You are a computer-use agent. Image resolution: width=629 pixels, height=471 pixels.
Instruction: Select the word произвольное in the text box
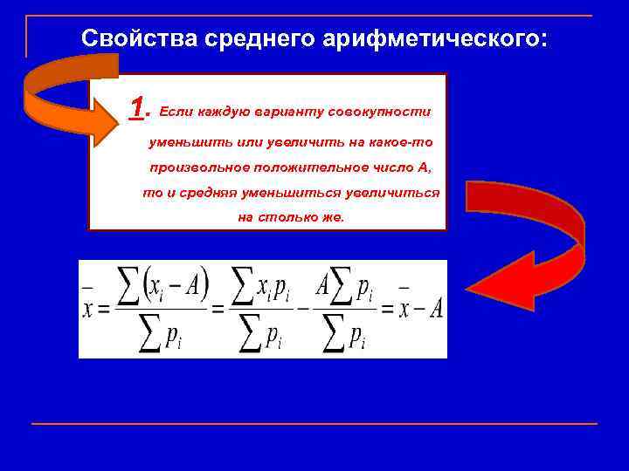(197, 166)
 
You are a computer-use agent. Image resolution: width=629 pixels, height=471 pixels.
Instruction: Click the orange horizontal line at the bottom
(314, 424)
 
